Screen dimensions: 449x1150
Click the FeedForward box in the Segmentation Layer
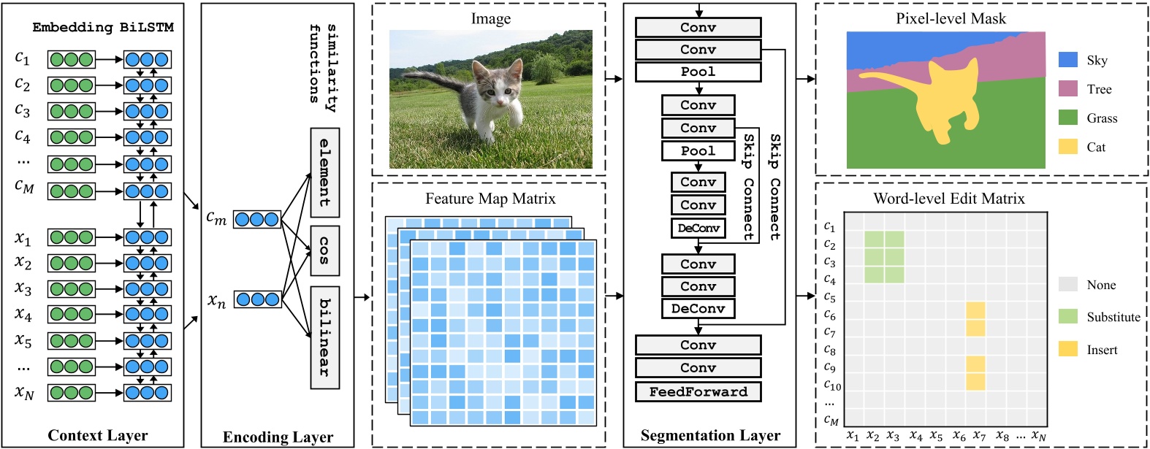[698, 392]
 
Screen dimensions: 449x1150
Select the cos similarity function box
[324, 250]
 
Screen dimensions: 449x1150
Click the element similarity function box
[324, 172]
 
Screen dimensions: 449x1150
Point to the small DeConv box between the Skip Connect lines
[698, 229]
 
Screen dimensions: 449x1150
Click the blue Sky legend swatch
[1068, 60]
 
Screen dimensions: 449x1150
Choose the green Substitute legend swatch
[1068, 316]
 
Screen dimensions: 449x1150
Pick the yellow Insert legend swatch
[1068, 349]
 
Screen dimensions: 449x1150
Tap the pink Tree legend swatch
[1068, 89]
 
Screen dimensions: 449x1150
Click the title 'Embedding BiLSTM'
[103, 28]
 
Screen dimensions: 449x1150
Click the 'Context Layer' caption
[98, 436]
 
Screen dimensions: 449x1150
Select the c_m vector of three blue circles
[256, 219]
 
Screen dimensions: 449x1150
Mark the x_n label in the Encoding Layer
[217, 300]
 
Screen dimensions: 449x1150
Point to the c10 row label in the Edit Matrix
[832, 385]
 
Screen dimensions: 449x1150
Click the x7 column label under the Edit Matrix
[979, 436]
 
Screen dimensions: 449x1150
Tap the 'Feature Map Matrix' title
[490, 199]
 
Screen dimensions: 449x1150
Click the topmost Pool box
[698, 72]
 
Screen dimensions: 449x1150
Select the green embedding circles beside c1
[72, 60]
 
